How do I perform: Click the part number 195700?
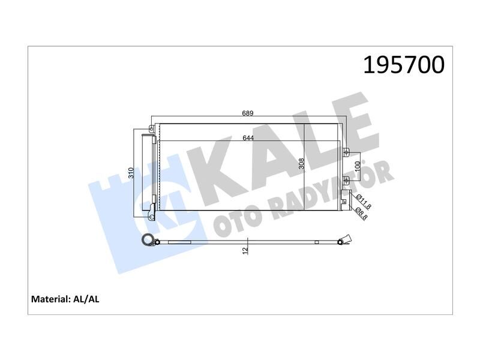[403, 65]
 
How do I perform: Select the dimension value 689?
[248, 113]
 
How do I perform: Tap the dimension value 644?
[248, 137]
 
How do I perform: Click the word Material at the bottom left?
[50, 298]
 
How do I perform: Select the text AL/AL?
[86, 298]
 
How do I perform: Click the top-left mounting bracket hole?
[151, 128]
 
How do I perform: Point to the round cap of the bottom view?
[146, 241]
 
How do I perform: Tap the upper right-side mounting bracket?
[345, 151]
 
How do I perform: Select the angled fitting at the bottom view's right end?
[343, 240]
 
